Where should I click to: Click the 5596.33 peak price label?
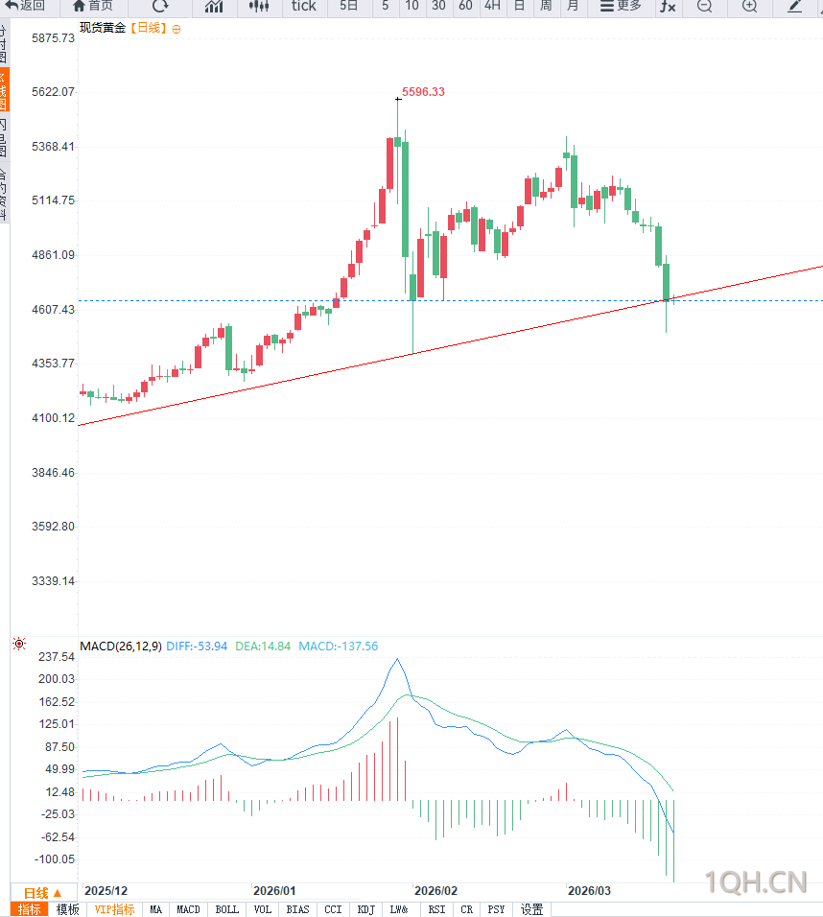[x=423, y=92]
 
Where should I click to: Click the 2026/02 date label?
[x=435, y=890]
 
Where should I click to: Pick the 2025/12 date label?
[x=106, y=890]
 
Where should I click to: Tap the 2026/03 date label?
[x=589, y=890]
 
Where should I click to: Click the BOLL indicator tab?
[x=227, y=909]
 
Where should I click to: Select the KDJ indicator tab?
[x=365, y=909]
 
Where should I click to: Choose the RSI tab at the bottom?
[x=436, y=909]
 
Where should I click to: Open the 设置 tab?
[x=532, y=909]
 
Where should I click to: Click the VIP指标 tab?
[x=114, y=909]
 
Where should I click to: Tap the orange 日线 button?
[x=42, y=893]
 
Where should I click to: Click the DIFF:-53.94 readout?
[x=197, y=647]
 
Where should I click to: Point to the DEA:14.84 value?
[x=263, y=647]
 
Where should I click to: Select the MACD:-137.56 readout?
[x=338, y=647]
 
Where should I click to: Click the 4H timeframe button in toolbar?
[x=492, y=6]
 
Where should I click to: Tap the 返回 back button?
[x=26, y=6]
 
